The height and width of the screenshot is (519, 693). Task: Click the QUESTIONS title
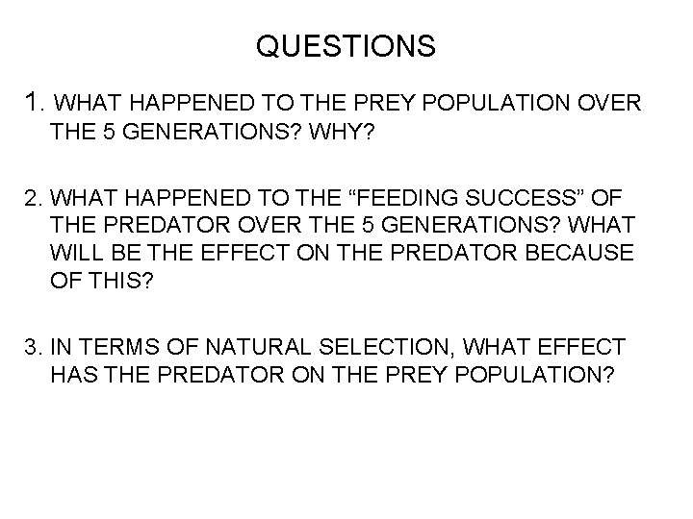(x=346, y=45)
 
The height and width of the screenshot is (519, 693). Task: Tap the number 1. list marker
(x=35, y=101)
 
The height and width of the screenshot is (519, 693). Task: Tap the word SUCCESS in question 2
(x=481, y=199)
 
